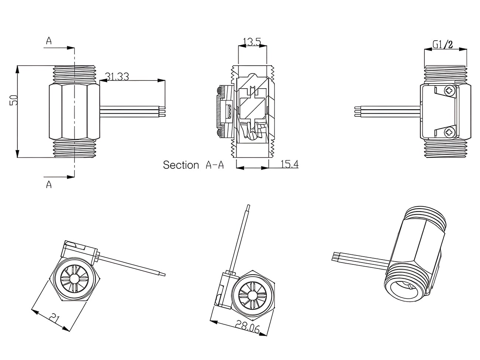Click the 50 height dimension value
14,100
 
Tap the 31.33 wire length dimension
117,76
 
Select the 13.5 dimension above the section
252,42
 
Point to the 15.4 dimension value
289,164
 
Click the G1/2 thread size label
443,45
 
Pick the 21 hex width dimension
55,318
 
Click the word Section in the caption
181,165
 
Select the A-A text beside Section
215,165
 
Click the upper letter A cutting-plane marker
49,41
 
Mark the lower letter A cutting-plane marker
49,184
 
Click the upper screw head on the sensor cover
449,90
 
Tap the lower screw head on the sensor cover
449,131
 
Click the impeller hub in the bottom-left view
73,280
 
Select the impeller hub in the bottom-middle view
252,295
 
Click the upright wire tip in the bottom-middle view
248,208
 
